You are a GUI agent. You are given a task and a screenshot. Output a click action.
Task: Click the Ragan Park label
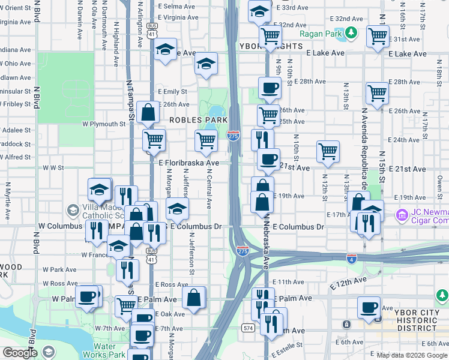[321, 34]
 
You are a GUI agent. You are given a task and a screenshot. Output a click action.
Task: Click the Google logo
[19, 353]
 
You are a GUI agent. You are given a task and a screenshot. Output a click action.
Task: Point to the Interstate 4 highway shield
[352, 258]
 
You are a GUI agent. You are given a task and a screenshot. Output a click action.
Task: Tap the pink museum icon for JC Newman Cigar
[402, 214]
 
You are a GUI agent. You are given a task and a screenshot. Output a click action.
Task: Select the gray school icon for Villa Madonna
[73, 211]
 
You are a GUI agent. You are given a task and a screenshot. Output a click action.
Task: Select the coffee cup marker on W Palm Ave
[88, 296]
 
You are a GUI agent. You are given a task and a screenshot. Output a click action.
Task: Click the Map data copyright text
[411, 355]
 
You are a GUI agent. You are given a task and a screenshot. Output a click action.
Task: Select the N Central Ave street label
[209, 188]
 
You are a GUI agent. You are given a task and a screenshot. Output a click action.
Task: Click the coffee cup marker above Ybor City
[369, 307]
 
